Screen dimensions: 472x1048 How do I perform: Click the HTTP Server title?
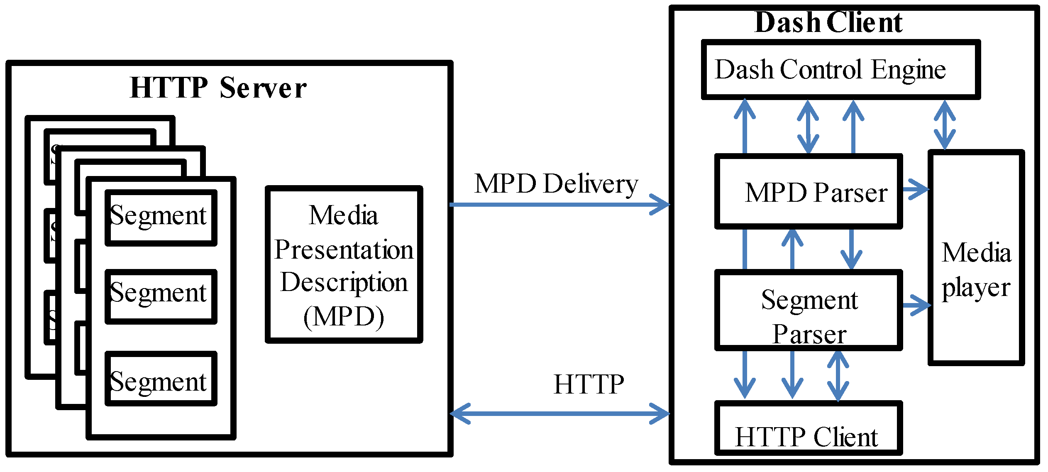(218, 88)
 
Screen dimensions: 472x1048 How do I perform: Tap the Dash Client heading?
(828, 22)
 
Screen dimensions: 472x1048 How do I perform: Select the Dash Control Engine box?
(840, 70)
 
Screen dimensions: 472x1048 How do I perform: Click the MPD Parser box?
(808, 192)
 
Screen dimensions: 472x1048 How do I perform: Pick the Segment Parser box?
(808, 310)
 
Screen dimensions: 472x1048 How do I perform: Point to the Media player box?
(976, 257)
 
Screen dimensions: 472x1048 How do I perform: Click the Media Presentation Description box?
(344, 264)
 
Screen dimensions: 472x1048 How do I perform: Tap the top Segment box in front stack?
(161, 218)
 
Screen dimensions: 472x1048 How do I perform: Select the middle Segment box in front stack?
(161, 296)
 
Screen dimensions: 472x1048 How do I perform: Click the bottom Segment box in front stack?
(161, 378)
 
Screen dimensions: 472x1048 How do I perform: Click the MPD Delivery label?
(556, 184)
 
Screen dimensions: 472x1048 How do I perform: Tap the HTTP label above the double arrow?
(589, 384)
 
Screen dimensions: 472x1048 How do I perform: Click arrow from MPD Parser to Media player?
(916, 189)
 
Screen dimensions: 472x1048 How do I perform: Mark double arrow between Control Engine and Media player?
(945, 125)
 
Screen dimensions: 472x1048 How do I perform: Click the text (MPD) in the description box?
(344, 317)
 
